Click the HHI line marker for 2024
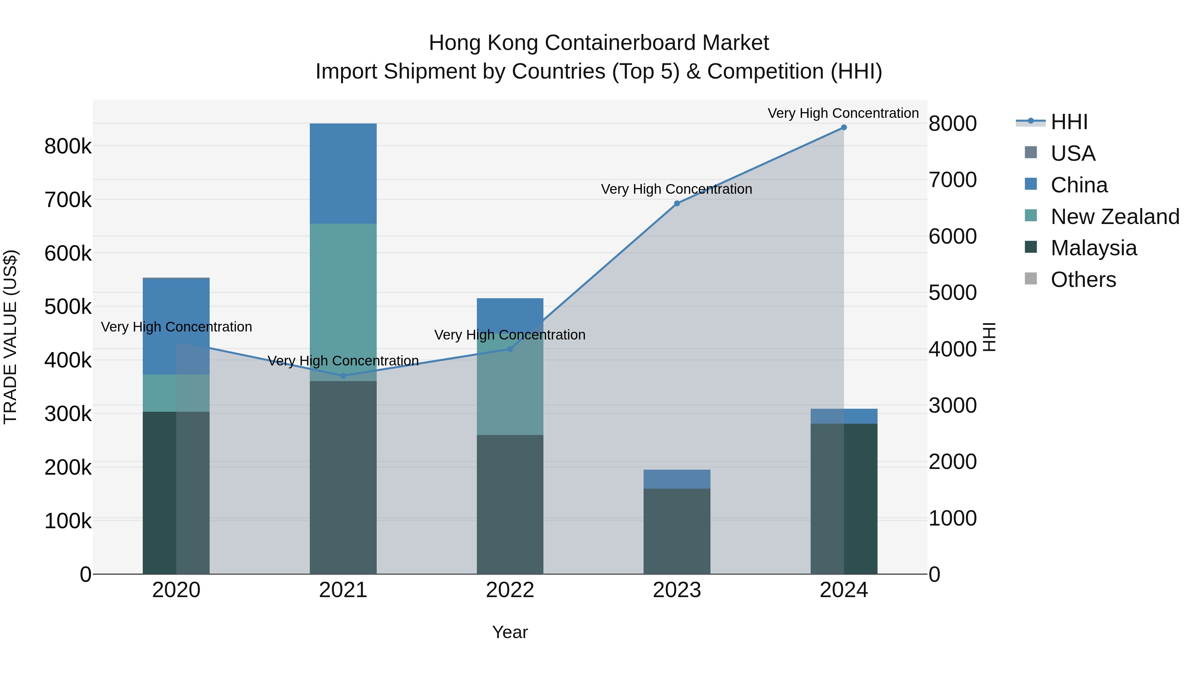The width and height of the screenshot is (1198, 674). pos(844,127)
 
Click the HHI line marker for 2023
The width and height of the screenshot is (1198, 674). pos(677,203)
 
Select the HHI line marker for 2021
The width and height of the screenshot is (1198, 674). pos(343,375)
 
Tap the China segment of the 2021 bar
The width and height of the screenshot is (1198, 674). pos(343,173)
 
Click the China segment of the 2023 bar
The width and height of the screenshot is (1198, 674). pos(677,479)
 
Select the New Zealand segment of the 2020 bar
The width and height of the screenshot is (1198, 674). pos(176,393)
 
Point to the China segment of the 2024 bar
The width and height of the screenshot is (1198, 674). pos(844,416)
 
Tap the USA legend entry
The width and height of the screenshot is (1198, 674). pos(1073,153)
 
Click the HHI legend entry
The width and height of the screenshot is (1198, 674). pos(1069,122)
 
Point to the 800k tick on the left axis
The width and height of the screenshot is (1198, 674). pos(68,146)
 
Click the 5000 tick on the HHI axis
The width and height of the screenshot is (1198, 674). pos(952,293)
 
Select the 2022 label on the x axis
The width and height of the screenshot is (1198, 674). pos(510,590)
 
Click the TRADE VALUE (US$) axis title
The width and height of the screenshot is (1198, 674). pos(10,337)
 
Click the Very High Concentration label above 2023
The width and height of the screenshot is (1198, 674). pos(676,189)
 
